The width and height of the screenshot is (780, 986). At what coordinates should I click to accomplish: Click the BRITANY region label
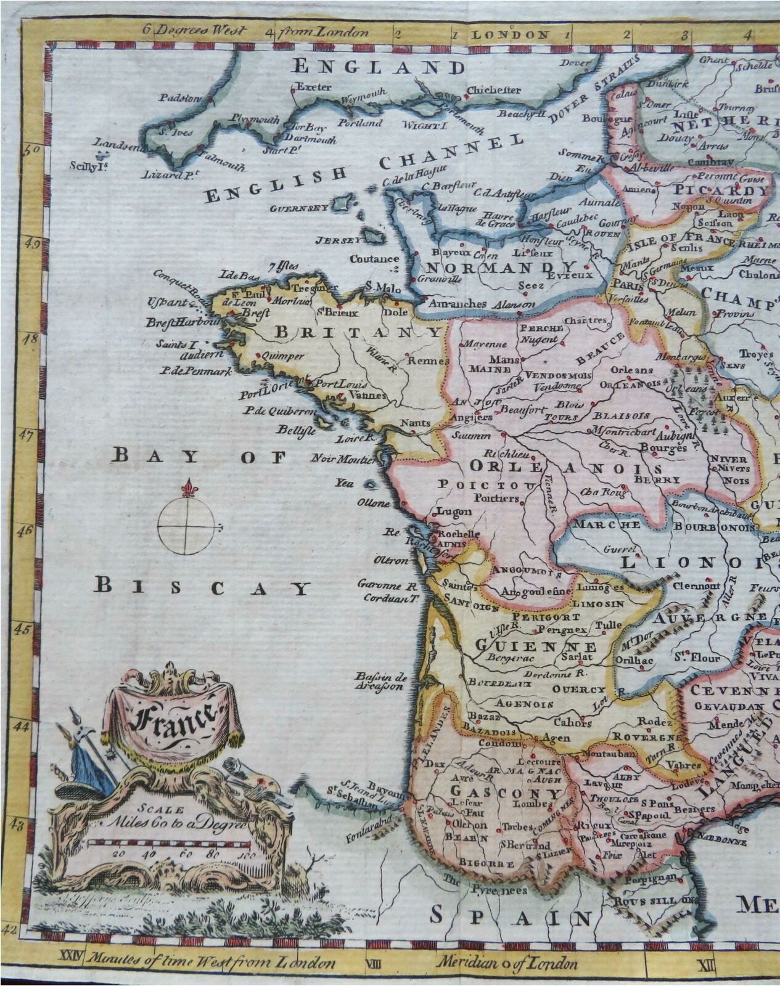pyautogui.click(x=358, y=332)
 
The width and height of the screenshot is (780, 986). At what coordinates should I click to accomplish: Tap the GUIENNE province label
pyautogui.click(x=536, y=646)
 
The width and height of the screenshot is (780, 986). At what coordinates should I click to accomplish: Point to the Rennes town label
pyautogui.click(x=421, y=361)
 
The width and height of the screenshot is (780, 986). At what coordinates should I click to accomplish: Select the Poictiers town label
pyautogui.click(x=497, y=498)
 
